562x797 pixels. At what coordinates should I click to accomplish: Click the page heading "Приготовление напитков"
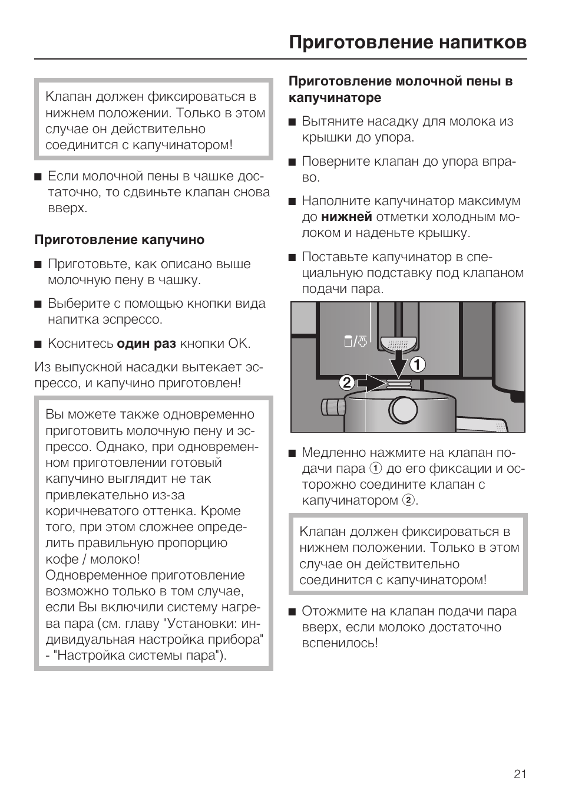[408, 42]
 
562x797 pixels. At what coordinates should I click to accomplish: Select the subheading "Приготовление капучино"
[120, 240]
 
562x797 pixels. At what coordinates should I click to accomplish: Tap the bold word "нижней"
[346, 217]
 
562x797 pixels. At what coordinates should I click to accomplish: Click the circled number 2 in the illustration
[347, 384]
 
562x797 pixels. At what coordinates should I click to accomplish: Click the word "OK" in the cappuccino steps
[239, 344]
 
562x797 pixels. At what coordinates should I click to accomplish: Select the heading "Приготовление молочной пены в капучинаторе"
[400, 89]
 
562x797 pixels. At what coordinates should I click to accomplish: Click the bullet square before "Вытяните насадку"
[292, 122]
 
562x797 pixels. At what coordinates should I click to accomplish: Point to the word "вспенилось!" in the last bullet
[339, 643]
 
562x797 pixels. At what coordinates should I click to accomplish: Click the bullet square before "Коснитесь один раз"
[38, 344]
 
